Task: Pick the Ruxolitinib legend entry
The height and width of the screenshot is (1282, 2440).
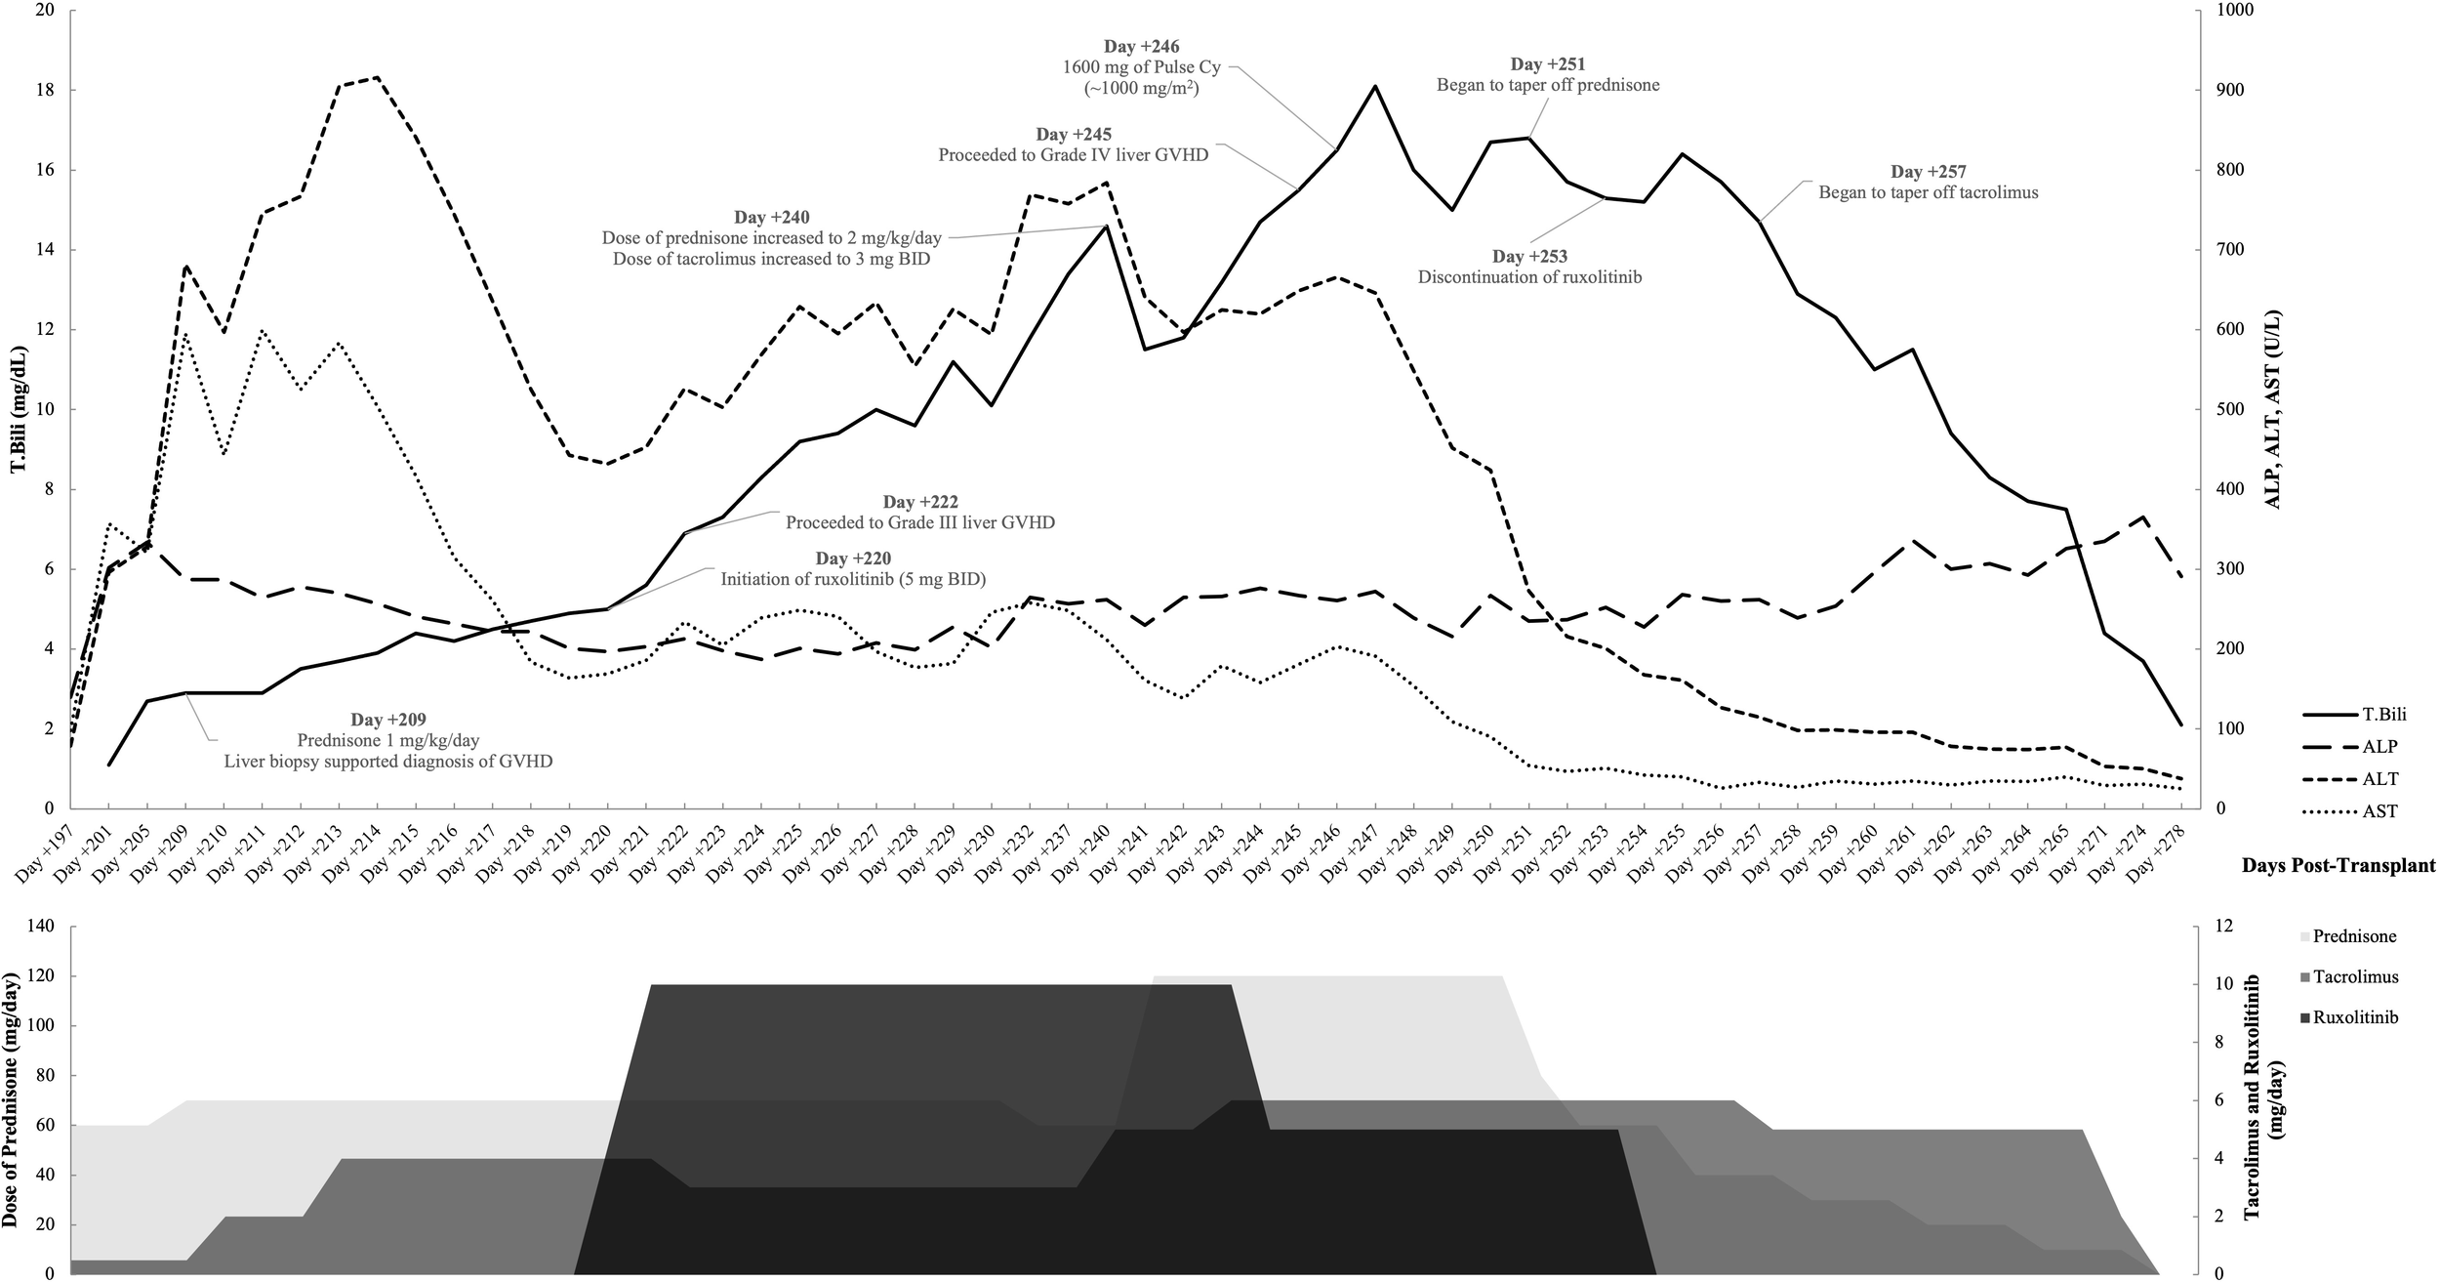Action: pos(2353,1017)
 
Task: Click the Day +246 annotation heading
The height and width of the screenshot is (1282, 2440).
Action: pos(1141,46)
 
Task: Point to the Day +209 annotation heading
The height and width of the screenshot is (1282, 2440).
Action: pos(388,720)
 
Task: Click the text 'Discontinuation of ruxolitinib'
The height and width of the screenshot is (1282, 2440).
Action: pos(1529,277)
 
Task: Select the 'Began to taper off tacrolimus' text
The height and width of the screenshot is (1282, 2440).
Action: pos(1928,192)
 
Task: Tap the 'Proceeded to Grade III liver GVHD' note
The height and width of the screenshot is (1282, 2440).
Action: pos(919,522)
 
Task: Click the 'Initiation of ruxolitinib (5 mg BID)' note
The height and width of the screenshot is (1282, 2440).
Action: pos(852,579)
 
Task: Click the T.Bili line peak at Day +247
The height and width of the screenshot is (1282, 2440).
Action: pos(1374,86)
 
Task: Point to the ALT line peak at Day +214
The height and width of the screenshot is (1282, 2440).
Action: pos(377,77)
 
